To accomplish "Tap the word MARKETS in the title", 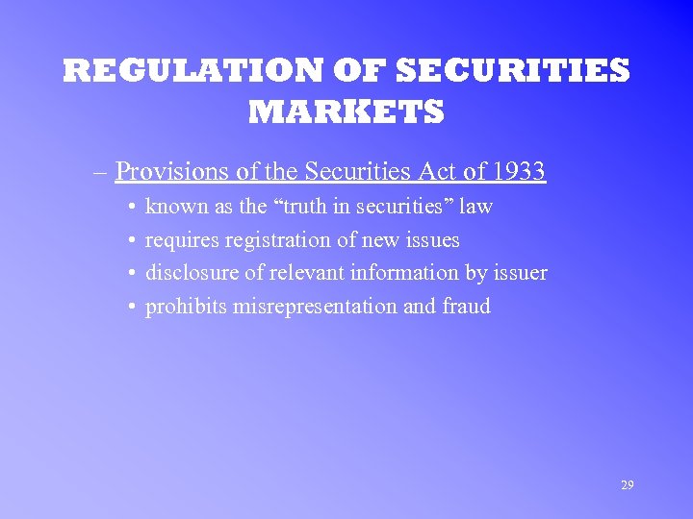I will pyautogui.click(x=346, y=112).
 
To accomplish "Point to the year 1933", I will pyautogui.click(x=518, y=172).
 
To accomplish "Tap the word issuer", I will pyautogui.click(x=521, y=273).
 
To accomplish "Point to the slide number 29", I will pyautogui.click(x=628, y=485).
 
